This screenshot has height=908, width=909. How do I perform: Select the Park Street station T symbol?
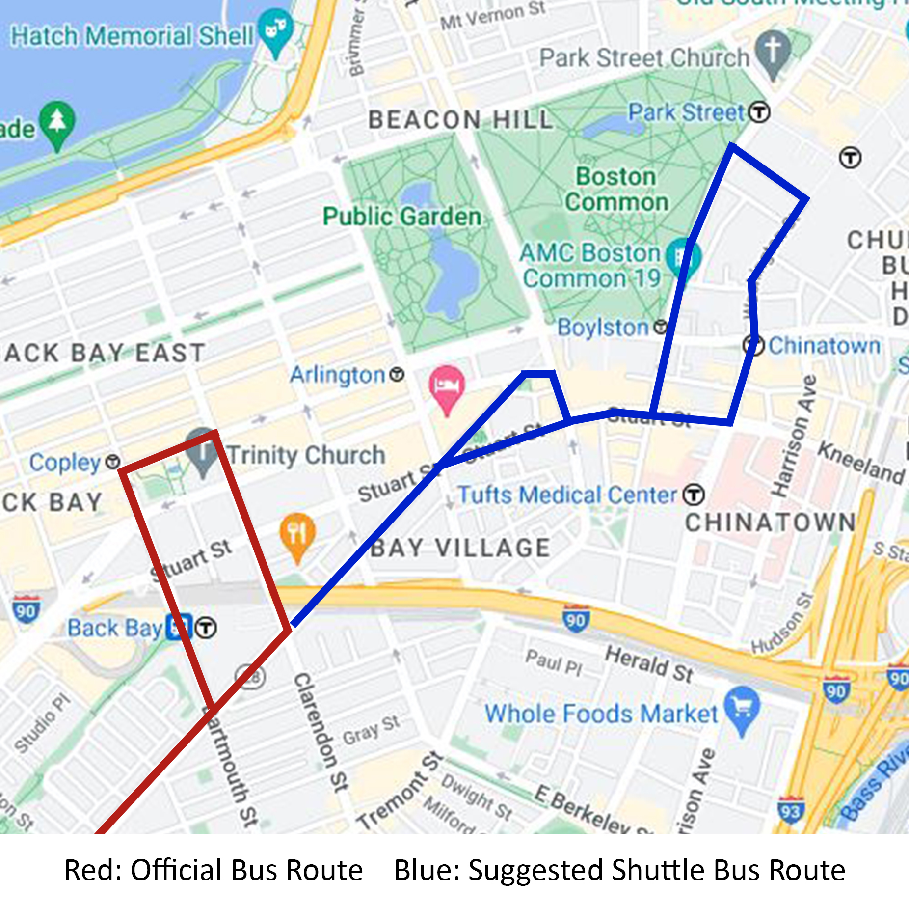(x=759, y=112)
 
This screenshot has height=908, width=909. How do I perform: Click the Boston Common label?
(x=616, y=189)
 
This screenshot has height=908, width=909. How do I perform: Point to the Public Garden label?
(x=402, y=216)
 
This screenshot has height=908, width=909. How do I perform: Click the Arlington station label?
(x=338, y=375)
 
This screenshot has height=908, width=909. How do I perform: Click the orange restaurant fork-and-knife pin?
(x=297, y=533)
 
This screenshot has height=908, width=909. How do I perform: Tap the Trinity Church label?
(x=306, y=455)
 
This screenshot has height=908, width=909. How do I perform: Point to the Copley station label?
(x=65, y=462)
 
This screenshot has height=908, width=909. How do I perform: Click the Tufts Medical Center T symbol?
(x=694, y=495)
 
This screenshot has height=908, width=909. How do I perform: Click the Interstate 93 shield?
(x=790, y=810)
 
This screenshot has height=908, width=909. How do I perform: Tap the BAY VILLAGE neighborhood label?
(x=460, y=548)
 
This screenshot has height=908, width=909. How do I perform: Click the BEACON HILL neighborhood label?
(x=460, y=120)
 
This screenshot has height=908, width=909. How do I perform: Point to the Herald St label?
(x=649, y=664)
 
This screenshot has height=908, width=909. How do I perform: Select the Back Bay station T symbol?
(x=206, y=627)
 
